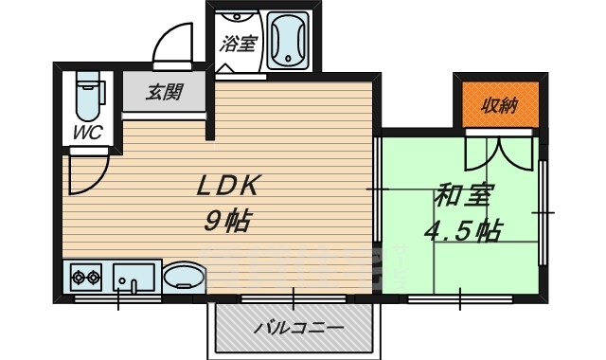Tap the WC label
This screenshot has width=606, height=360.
[x=88, y=133]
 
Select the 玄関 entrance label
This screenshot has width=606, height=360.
[x=164, y=93]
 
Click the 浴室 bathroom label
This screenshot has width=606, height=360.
[x=238, y=44]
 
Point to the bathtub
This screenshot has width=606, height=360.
[x=288, y=41]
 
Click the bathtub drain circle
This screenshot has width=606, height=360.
[x=288, y=59]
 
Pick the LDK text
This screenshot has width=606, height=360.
[x=227, y=186]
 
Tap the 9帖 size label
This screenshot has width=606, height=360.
[x=227, y=221]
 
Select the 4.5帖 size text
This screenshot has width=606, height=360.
[x=463, y=231]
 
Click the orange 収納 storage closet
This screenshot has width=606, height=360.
[x=501, y=104]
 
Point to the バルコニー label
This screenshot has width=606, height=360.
[x=298, y=329]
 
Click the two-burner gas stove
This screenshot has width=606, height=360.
[x=86, y=277]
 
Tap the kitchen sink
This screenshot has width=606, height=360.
[x=134, y=277]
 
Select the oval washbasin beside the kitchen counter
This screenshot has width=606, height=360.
[x=184, y=277]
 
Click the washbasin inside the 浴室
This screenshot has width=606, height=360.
[x=236, y=16]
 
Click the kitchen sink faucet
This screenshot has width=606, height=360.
[x=134, y=286]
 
